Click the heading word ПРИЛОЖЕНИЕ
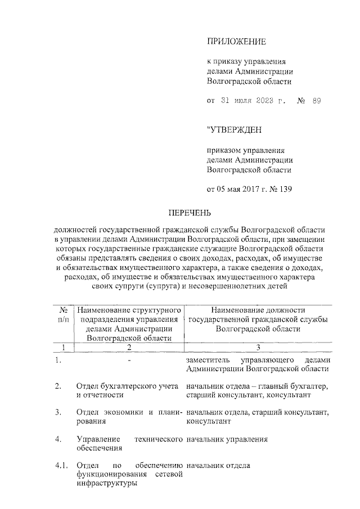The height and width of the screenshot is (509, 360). tap(236, 42)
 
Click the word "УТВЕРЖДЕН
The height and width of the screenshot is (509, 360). tap(235, 130)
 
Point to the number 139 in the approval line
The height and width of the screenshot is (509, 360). tap(285, 188)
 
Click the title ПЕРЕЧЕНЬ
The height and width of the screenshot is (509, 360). tap(190, 213)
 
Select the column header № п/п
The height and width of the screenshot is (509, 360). tap(64, 314)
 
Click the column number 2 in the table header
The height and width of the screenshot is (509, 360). tap(129, 347)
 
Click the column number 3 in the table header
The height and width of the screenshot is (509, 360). tap(258, 347)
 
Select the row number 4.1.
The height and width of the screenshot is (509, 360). tap(61, 465)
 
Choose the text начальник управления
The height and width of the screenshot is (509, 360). tap(227, 439)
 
